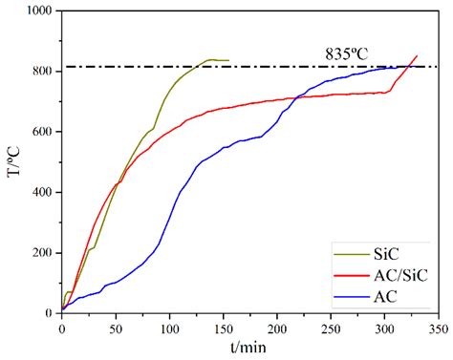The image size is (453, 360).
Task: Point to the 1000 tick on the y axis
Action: coord(36,11)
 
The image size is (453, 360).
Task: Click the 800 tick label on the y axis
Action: coord(41,72)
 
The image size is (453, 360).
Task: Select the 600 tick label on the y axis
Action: coord(41,132)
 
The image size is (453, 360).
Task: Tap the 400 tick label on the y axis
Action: coord(41,192)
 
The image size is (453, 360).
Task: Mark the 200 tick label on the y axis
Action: coord(41,253)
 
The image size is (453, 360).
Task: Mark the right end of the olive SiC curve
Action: coord(228,60)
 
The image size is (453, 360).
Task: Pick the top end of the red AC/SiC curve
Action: coord(417,55)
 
